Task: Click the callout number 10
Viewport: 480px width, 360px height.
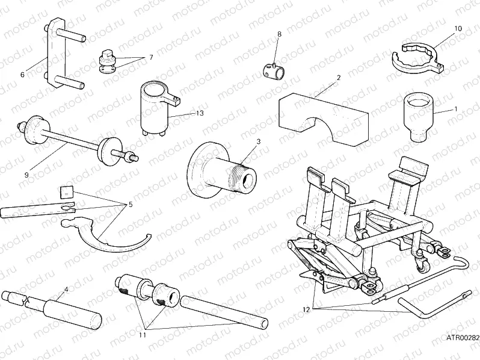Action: (x=458, y=28)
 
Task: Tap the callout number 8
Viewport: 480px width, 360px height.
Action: (x=278, y=36)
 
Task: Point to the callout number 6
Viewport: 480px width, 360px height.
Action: (x=22, y=75)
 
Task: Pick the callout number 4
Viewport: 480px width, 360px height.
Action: (x=66, y=288)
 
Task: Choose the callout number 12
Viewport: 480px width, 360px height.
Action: (x=307, y=309)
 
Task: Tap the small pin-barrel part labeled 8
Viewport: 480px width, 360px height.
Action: (x=275, y=70)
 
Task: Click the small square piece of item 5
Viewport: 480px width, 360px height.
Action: (x=66, y=192)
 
